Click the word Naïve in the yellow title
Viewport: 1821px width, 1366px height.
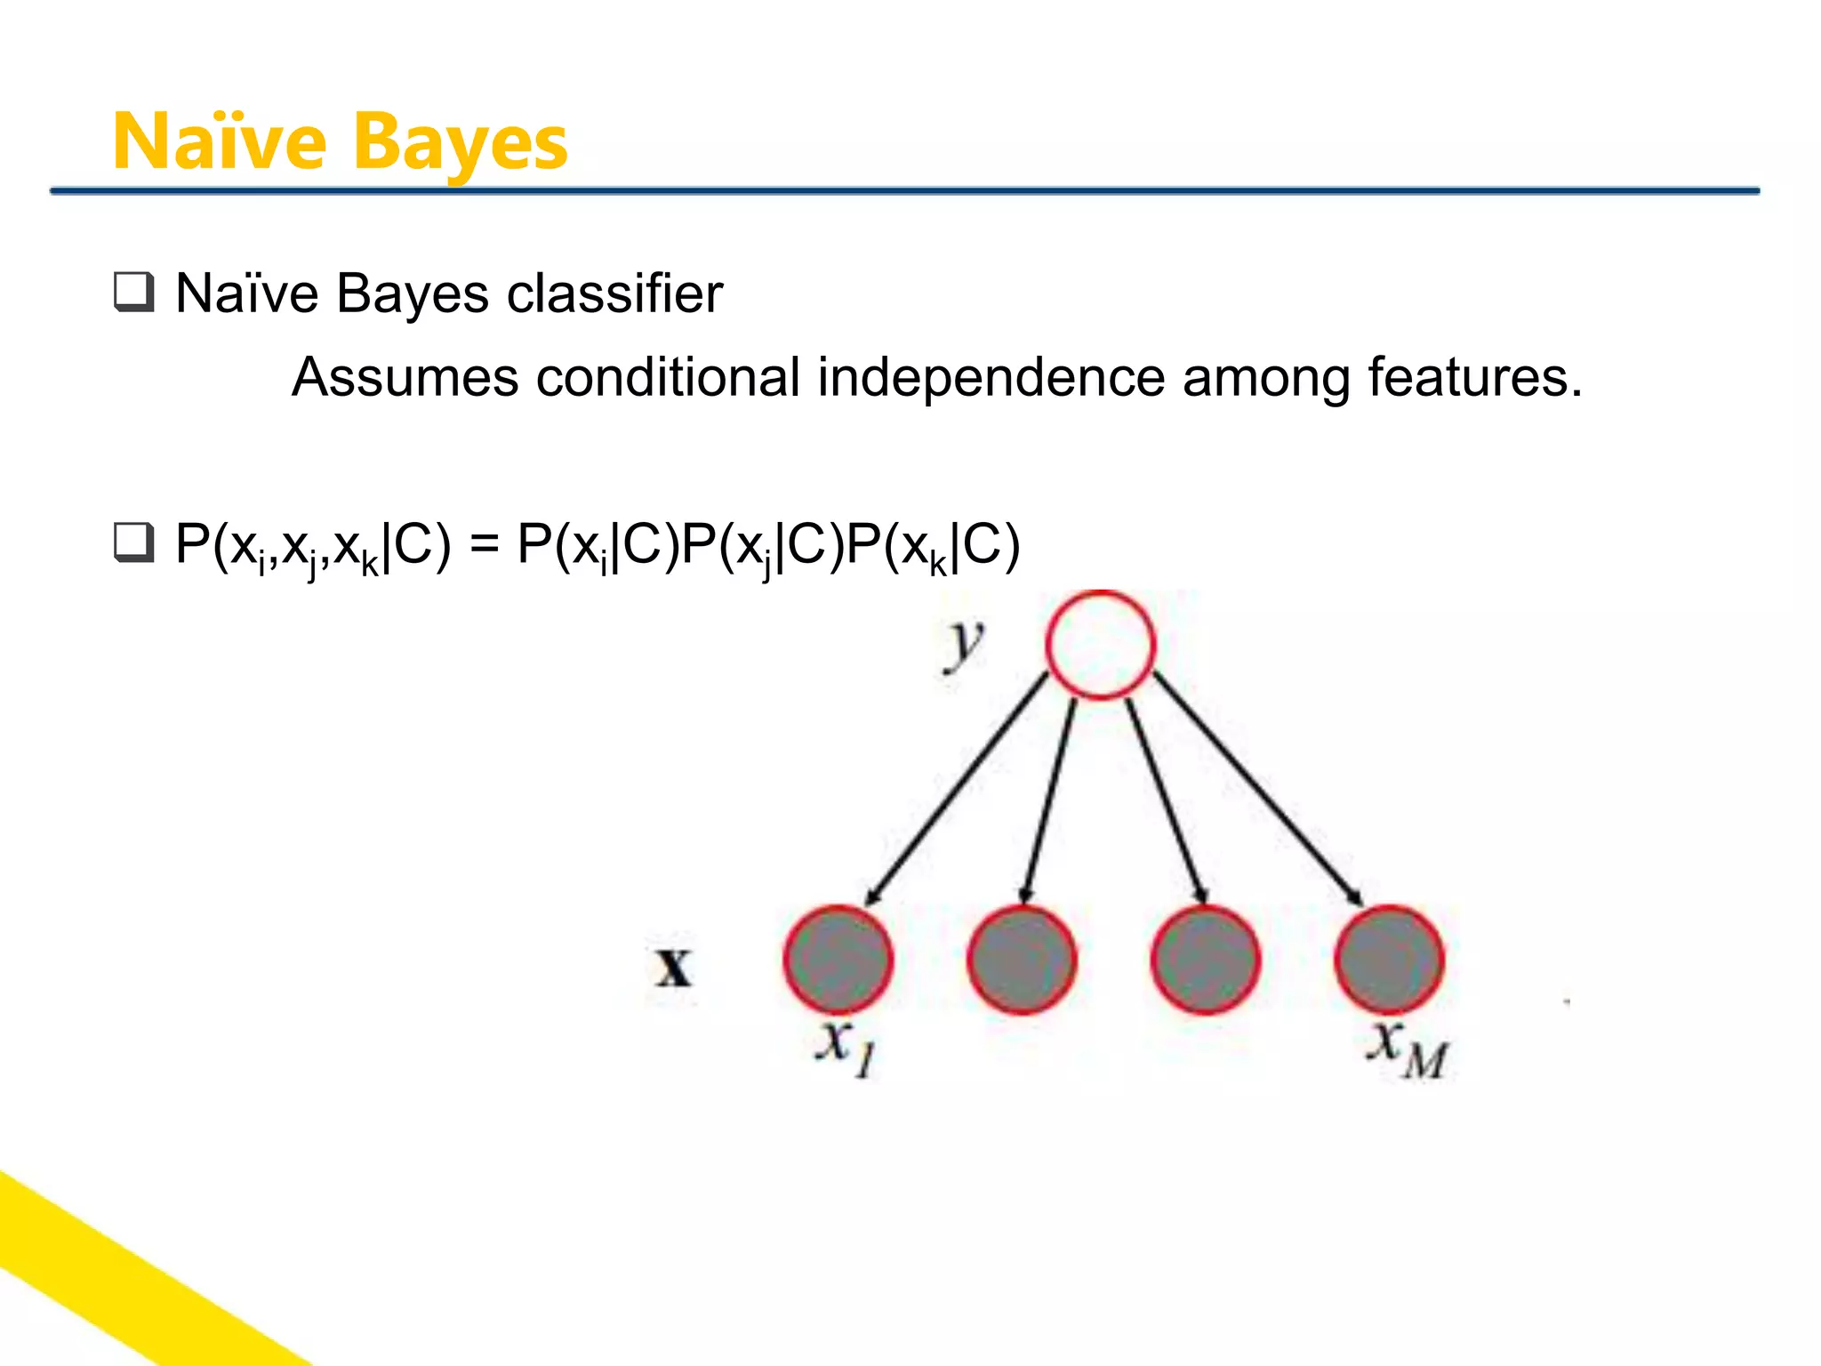(x=220, y=142)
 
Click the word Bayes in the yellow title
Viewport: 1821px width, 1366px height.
(x=460, y=144)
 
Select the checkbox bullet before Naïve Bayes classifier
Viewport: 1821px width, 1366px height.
(x=134, y=292)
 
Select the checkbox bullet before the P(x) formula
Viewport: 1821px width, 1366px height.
(x=134, y=542)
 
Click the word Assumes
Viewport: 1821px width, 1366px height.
(x=405, y=377)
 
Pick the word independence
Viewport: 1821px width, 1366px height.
(x=991, y=377)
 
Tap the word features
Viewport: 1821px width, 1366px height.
(x=1474, y=377)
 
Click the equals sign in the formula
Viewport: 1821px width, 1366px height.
(x=484, y=544)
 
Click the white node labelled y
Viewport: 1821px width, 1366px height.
(x=1100, y=645)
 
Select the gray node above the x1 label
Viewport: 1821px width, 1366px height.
(x=838, y=960)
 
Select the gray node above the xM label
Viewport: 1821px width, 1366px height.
(x=1389, y=960)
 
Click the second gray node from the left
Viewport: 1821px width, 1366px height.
(x=1022, y=960)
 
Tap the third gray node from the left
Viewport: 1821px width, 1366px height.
(x=1205, y=960)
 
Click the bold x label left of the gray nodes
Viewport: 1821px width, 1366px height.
(x=673, y=968)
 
